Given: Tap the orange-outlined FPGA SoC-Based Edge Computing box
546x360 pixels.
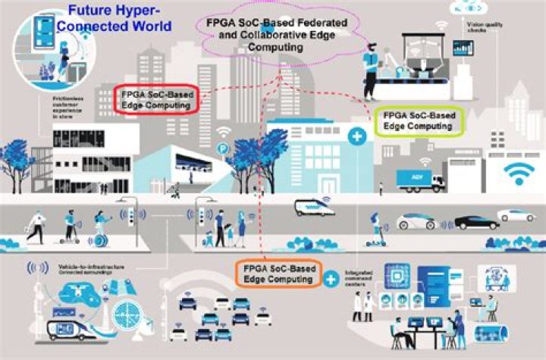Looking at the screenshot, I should [278, 273].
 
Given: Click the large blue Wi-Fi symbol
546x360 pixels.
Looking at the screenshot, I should [519, 175].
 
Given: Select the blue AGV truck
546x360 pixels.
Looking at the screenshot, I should [420, 180].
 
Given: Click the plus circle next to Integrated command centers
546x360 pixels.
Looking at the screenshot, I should [331, 280].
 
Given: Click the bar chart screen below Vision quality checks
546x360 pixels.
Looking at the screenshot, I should [463, 48].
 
